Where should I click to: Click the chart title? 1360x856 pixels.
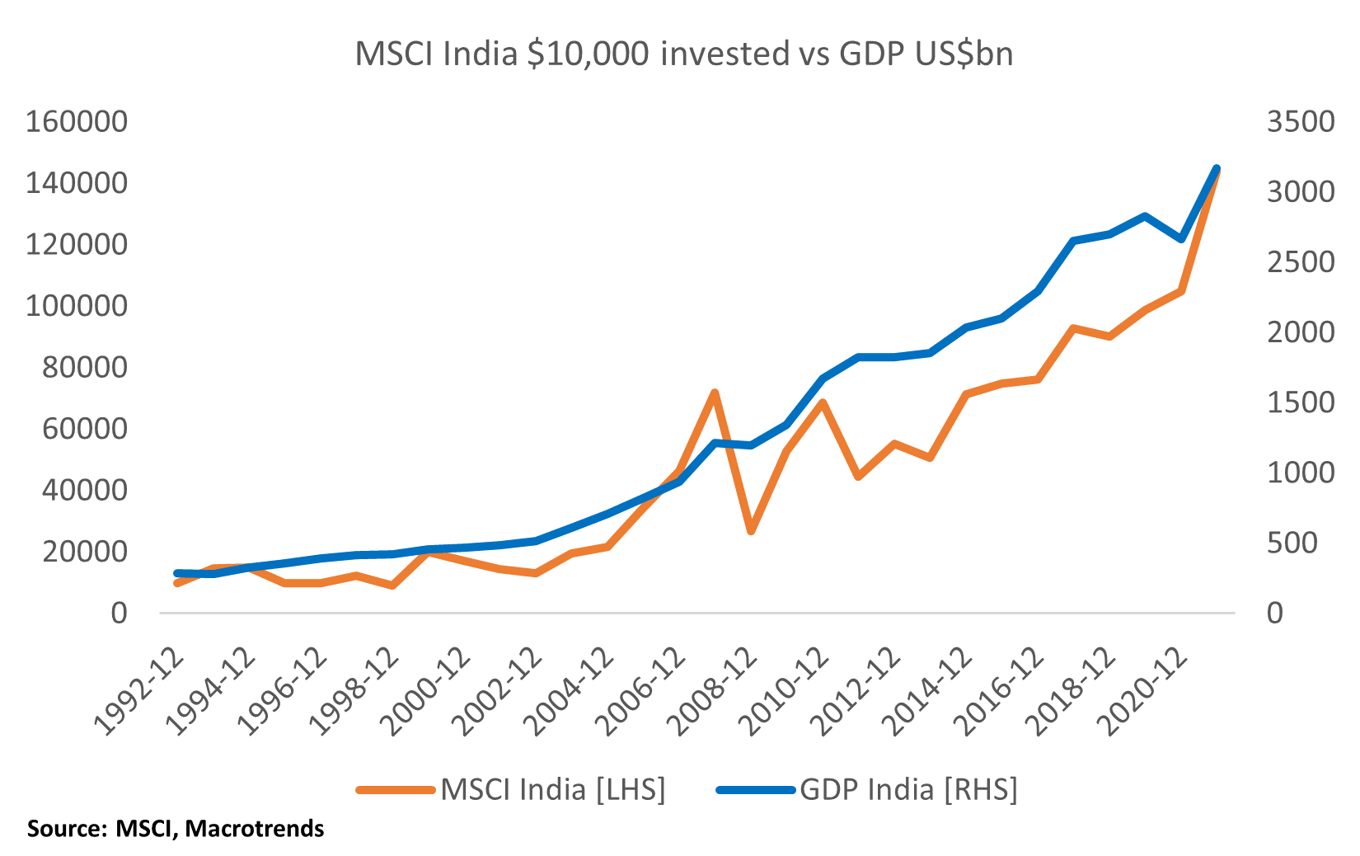(683, 54)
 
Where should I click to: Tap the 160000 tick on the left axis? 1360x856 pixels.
(77, 122)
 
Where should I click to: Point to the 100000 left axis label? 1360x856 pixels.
(77, 306)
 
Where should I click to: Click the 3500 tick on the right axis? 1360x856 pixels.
(1300, 122)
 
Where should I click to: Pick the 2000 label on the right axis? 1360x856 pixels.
(1300, 332)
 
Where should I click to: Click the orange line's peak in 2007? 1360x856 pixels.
(715, 393)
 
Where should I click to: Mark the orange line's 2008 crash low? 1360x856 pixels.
(751, 531)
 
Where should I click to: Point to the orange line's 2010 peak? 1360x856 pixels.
(823, 402)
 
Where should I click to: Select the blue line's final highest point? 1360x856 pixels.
(1217, 168)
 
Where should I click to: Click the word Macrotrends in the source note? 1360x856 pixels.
(255, 828)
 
